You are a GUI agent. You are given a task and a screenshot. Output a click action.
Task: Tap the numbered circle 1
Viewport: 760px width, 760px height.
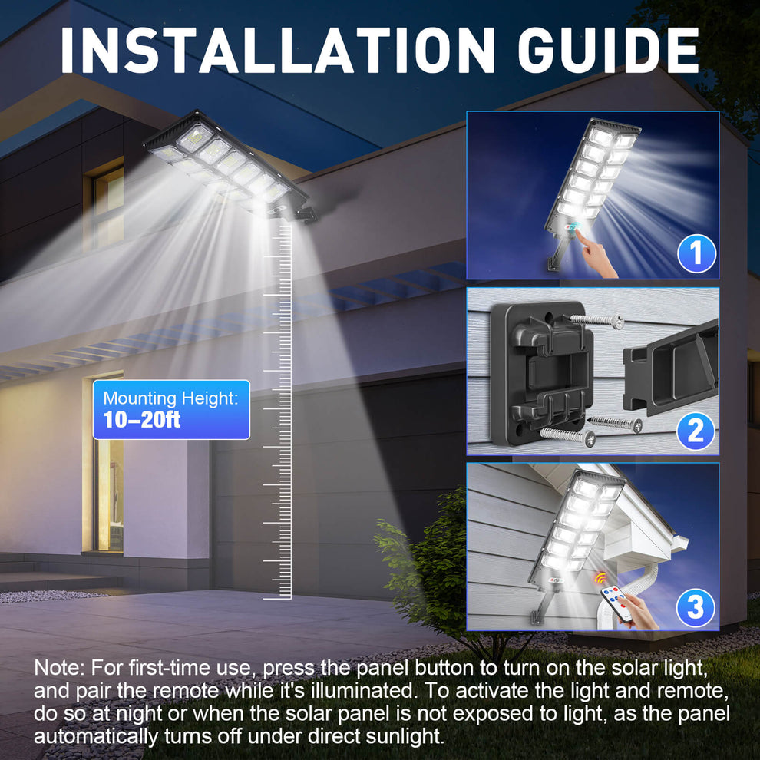pos(696,254)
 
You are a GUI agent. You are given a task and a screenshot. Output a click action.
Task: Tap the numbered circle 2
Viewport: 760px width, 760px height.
pos(696,430)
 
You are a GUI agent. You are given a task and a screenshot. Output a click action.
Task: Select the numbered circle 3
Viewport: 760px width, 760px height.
pos(696,607)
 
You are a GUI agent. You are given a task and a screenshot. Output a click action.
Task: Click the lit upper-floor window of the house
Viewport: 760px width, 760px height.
pos(107,207)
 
